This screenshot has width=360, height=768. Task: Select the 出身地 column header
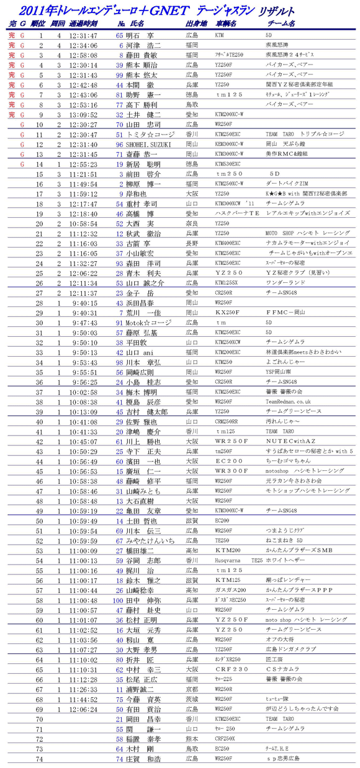click(x=197, y=24)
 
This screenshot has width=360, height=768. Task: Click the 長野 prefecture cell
click(x=192, y=243)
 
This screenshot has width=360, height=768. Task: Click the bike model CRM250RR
click(x=227, y=422)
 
